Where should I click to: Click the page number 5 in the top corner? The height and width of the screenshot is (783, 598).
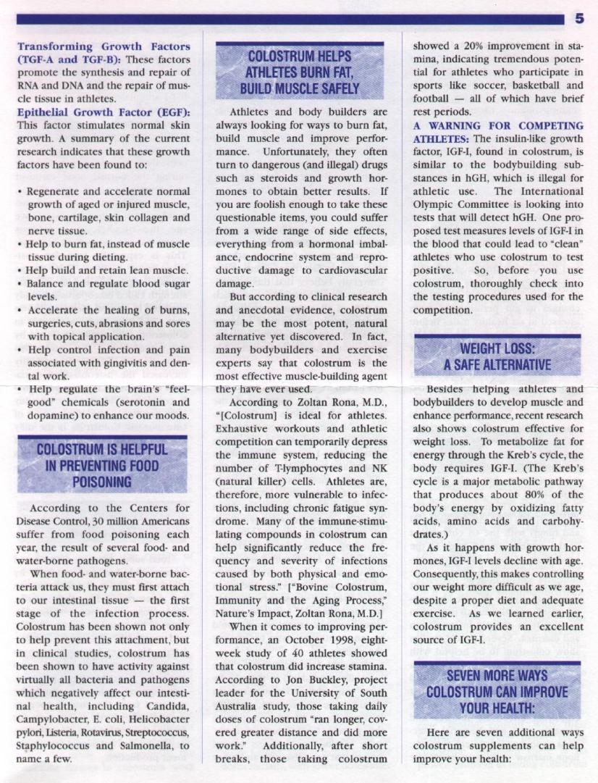point(579,18)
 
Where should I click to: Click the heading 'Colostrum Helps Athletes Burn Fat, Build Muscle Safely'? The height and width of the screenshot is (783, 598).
point(300,72)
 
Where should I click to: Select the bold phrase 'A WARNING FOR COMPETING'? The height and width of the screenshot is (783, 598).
point(495,125)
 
